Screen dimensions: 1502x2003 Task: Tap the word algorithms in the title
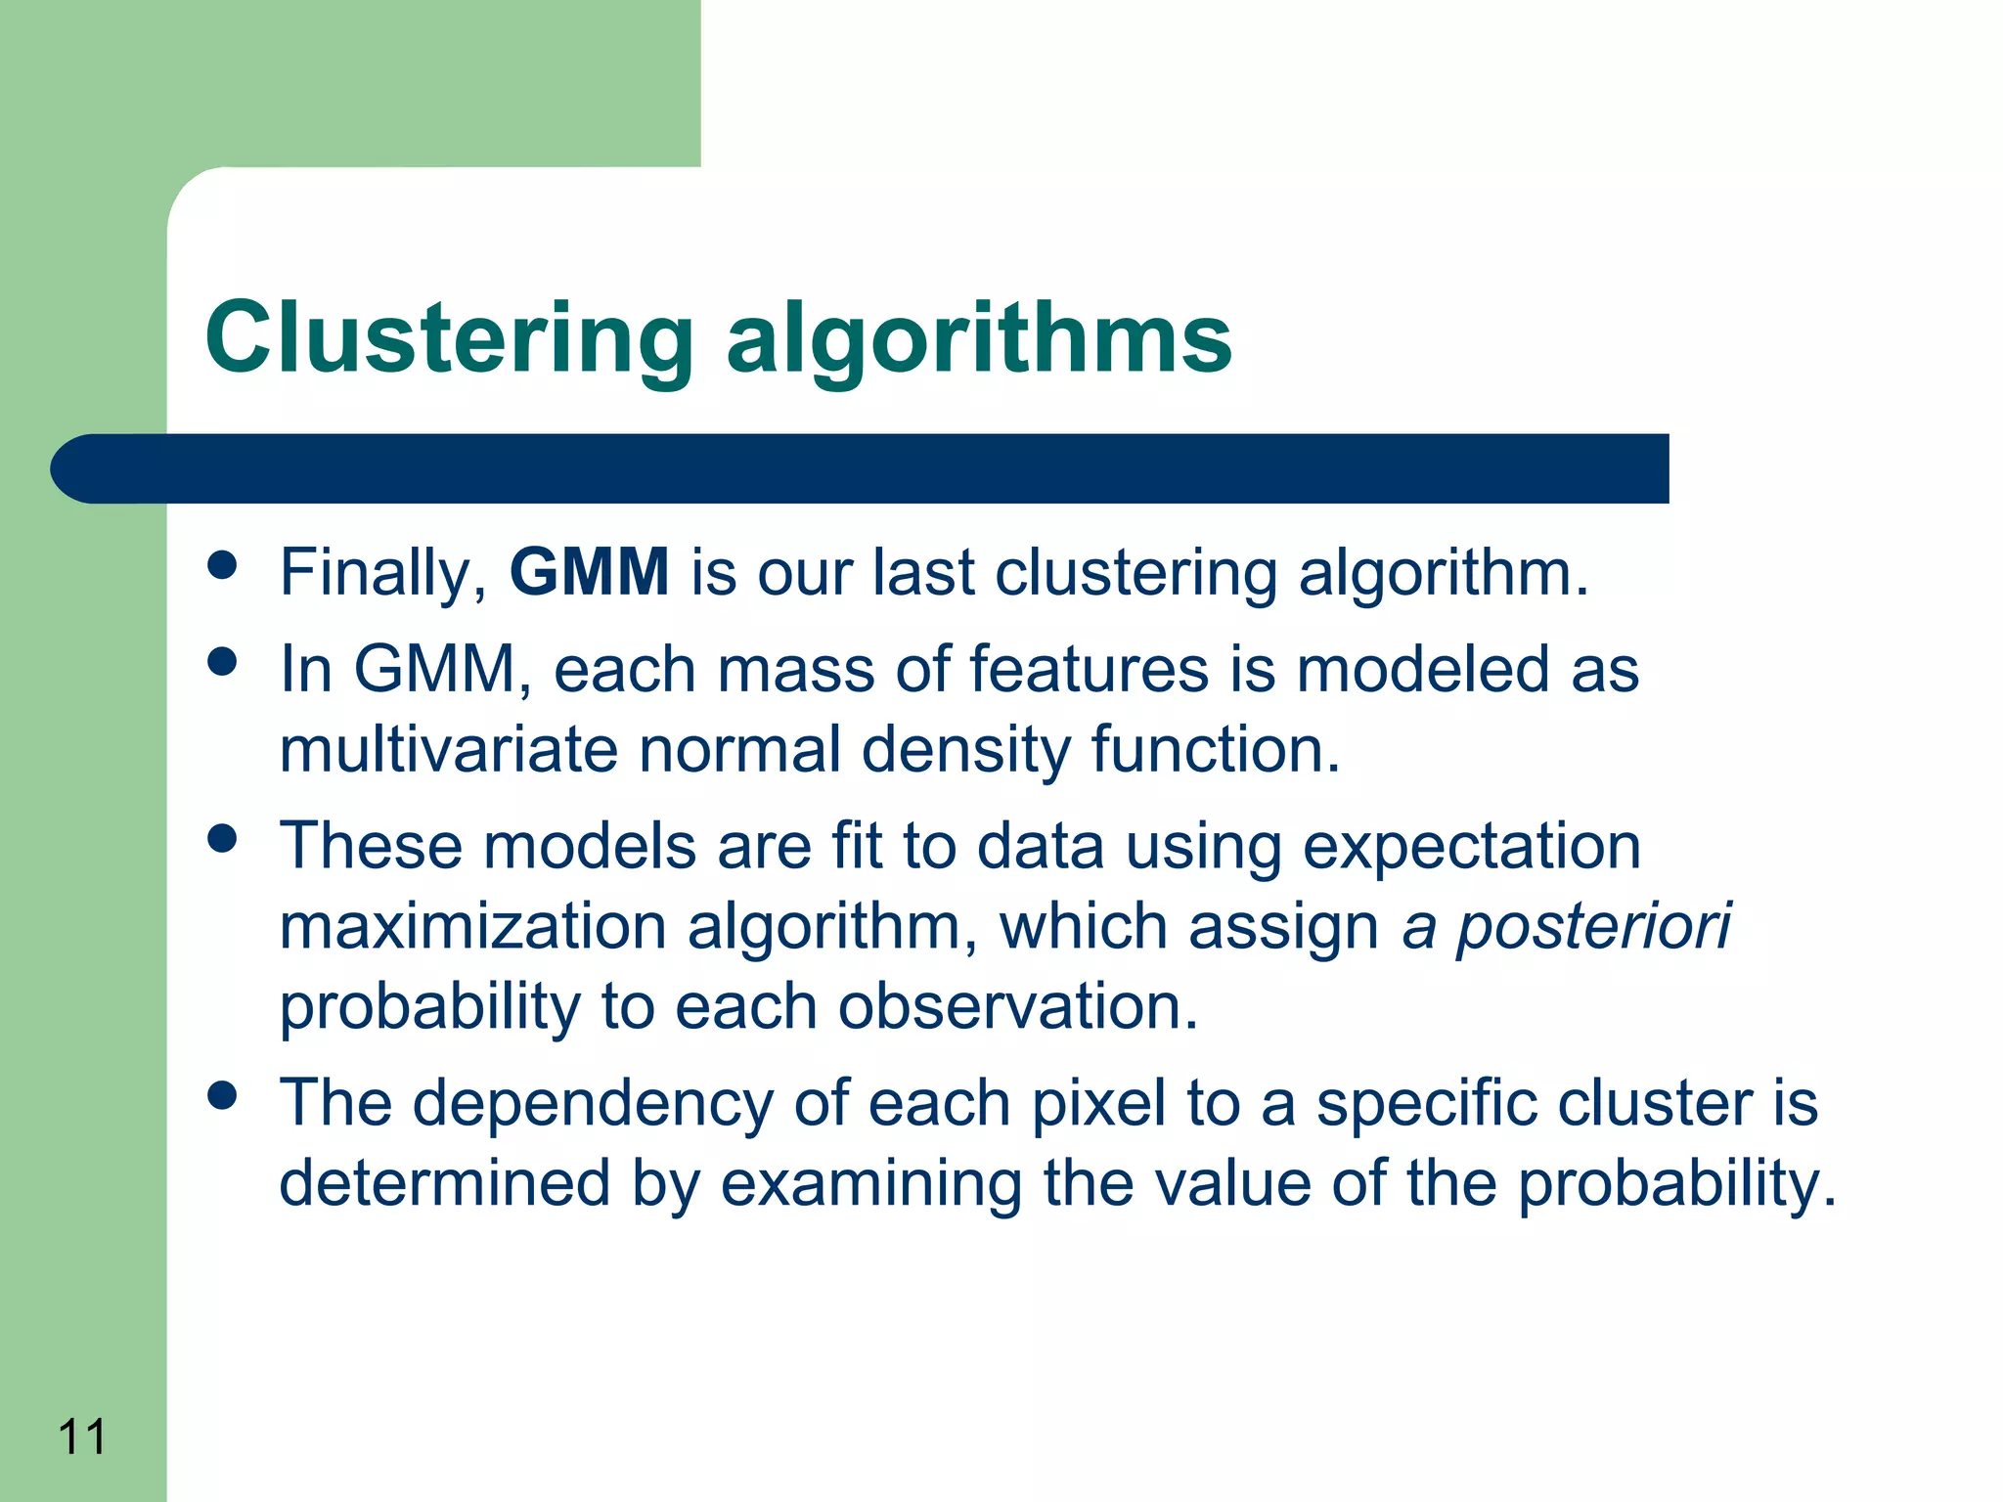tap(978, 337)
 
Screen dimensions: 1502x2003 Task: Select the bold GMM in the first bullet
tap(589, 571)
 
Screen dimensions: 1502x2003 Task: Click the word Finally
tap(382, 573)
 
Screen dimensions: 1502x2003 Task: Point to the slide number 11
tap(82, 1437)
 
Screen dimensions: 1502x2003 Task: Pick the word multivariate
tap(448, 750)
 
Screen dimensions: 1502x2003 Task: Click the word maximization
tap(472, 927)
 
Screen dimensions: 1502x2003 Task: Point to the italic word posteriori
tap(1593, 927)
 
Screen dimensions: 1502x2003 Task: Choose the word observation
tap(1017, 1007)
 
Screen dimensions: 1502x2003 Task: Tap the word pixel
tap(1099, 1103)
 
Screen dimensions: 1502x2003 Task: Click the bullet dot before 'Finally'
tap(223, 564)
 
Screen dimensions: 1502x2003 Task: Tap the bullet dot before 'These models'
tap(223, 838)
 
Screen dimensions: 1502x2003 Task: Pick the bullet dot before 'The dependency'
tap(223, 1095)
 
